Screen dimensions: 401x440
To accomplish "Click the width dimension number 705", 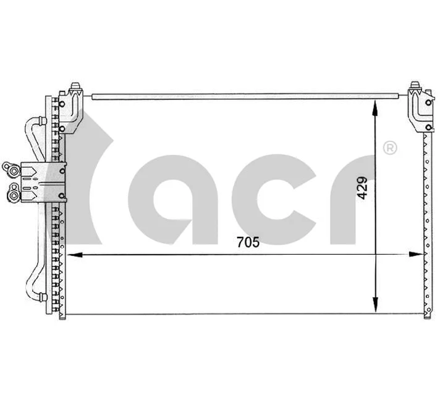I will pos(247,242).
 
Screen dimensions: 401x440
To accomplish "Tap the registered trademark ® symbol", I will pos(390,148).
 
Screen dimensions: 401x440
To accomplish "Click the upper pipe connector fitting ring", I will pos(9,167).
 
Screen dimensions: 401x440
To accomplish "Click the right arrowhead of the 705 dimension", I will pos(415,254).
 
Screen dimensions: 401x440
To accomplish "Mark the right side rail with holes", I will pos(427,222).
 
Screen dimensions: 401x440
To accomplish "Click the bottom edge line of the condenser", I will pos(247,315).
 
